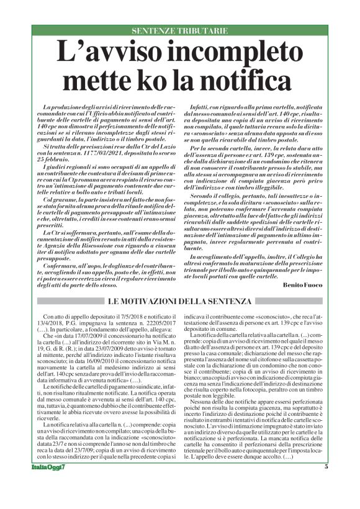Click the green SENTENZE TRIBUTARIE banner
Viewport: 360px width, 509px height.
[x=180, y=30]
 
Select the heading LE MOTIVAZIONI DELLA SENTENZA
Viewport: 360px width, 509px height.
[x=180, y=301]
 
